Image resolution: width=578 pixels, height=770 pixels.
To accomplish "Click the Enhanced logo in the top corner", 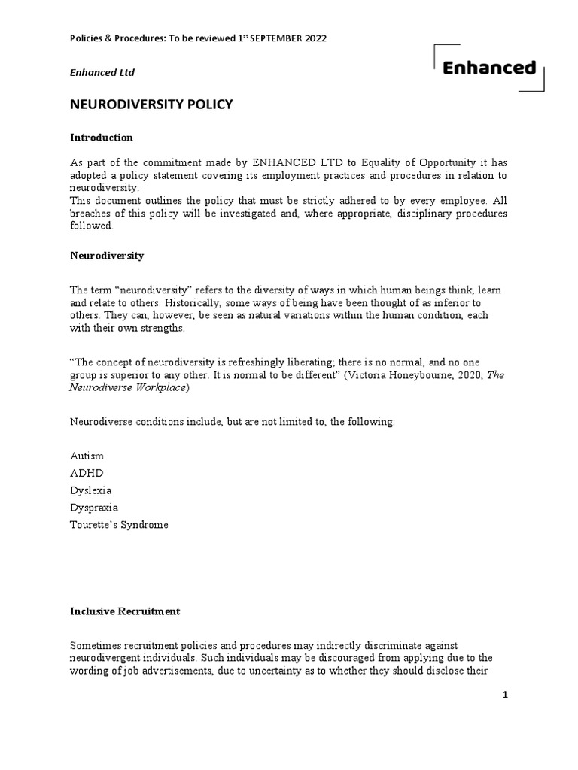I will point(488,68).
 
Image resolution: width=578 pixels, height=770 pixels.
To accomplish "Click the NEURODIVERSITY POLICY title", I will point(151,105).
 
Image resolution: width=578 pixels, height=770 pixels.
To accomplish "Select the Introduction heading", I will point(102,138).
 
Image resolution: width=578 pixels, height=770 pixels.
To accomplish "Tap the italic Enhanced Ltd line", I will point(102,72).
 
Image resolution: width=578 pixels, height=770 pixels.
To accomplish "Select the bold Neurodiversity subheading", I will point(107,256).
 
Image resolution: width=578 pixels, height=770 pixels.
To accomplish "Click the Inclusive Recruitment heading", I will point(125,611).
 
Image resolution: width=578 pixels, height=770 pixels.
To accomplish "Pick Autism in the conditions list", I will point(87,456).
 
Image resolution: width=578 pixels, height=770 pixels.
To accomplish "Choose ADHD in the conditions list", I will point(87,473).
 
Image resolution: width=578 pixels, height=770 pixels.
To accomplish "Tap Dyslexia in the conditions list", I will point(91,490).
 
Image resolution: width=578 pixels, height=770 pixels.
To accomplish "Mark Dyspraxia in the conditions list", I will point(93,508).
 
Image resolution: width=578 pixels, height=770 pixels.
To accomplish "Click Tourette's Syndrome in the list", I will point(119,525).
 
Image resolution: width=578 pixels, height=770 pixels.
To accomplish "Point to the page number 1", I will point(506,696).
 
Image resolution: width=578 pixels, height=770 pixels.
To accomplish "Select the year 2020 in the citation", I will point(469,375).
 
